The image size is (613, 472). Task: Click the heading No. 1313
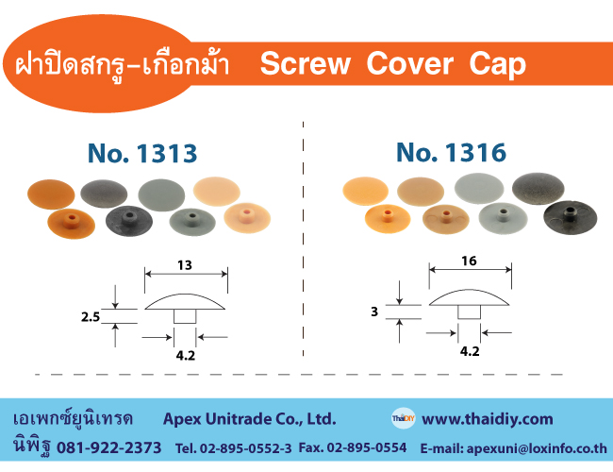pos(142,153)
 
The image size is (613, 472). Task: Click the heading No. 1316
pos(451,152)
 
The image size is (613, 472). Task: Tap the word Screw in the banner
pos(305,63)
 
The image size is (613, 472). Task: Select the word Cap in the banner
pos(497,64)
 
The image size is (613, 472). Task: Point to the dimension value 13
pos(185,265)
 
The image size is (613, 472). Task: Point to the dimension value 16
pos(469,261)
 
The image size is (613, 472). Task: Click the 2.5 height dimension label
pos(91,316)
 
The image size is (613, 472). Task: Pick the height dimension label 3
pos(374,312)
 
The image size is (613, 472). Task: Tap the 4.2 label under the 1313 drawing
pos(185,355)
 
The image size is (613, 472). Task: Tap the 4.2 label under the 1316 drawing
pos(470,351)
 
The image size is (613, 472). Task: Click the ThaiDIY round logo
pos(403,418)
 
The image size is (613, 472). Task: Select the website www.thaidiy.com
pos(488,419)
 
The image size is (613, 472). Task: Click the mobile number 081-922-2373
pos(109,447)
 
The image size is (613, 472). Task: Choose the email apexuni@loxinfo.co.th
pos(537,448)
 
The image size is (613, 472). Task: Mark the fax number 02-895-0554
pos(367,447)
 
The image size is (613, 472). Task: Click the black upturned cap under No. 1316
pos(570,218)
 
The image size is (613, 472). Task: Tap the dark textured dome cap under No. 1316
pos(538,188)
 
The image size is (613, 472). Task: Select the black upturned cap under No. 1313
pos(129,221)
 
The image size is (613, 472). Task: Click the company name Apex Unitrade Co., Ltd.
pos(249,419)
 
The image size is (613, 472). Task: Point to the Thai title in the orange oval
pos(123,64)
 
